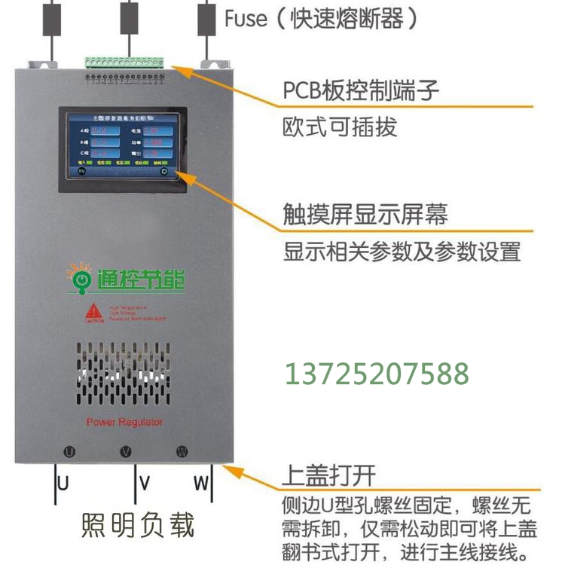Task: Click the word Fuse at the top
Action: coord(246,17)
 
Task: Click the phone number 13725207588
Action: coord(376,374)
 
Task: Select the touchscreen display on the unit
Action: coord(123,145)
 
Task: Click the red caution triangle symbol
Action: coord(93,311)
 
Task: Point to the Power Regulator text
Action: coord(124,422)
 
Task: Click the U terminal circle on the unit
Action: coord(69,452)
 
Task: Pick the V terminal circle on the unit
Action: coord(126,452)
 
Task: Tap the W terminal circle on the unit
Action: coord(182,452)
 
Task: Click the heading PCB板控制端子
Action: coord(361,92)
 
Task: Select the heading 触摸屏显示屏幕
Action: coord(365,214)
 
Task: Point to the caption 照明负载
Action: coord(137,525)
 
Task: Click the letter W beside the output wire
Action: coord(200,484)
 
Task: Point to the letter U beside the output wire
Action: coord(64,484)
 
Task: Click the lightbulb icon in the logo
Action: coord(78,277)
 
